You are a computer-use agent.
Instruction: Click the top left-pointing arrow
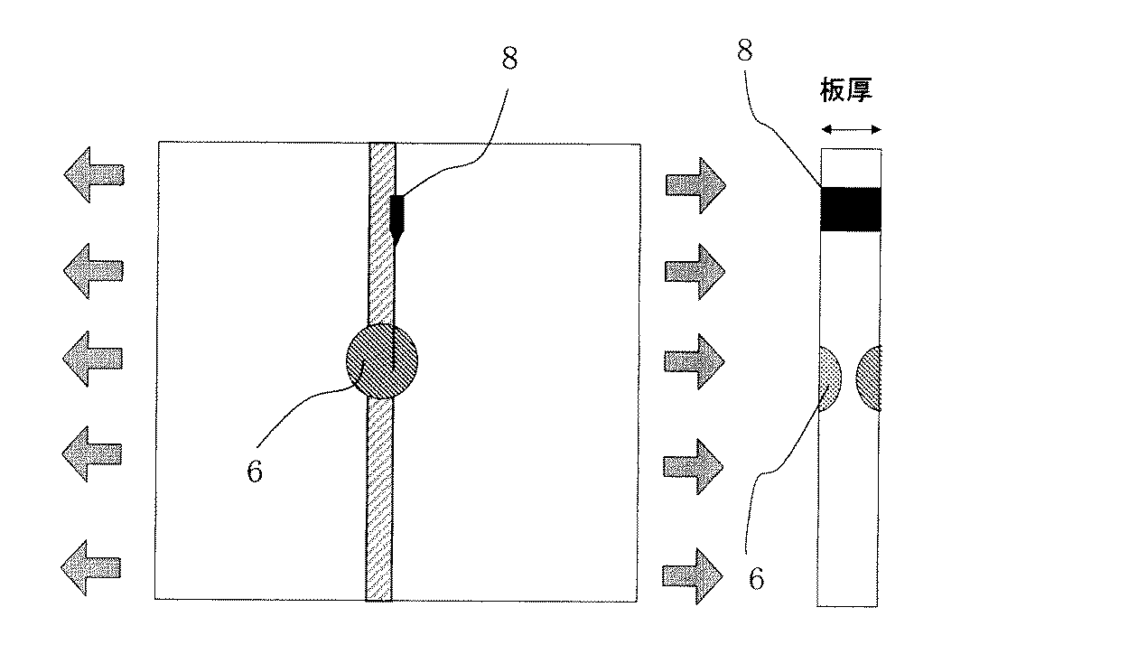pyautogui.click(x=93, y=173)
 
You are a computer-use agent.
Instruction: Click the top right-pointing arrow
pyautogui.click(x=695, y=184)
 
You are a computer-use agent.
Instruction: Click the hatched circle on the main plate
pyautogui.click(x=382, y=360)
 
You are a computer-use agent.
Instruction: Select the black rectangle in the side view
pyautogui.click(x=850, y=209)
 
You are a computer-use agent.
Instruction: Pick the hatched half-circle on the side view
pyautogui.click(x=870, y=378)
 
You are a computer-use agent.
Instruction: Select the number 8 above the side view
pyautogui.click(x=745, y=51)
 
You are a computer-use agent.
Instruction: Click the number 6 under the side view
pyautogui.click(x=757, y=578)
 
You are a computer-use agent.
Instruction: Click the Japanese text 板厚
pyautogui.click(x=847, y=91)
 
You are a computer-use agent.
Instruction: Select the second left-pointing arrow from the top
pyautogui.click(x=93, y=268)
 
